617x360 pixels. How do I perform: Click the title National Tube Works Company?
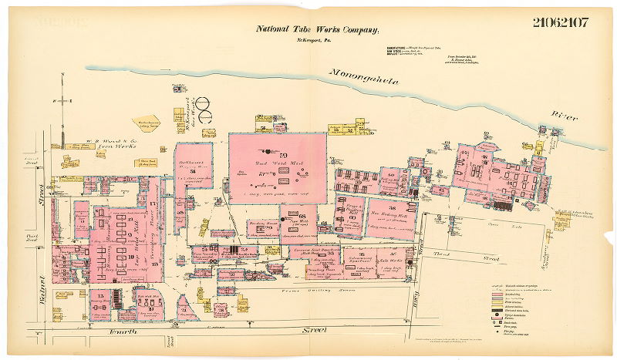317,29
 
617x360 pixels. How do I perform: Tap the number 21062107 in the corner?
560,22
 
